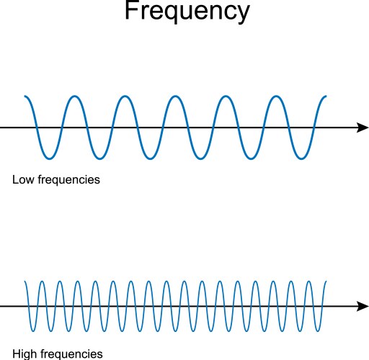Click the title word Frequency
pos(186,13)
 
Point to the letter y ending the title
pos(242,14)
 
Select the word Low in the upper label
pos(22,179)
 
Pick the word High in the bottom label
pos(23,354)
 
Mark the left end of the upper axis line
pos(1,127)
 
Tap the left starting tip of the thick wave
pos(25,96)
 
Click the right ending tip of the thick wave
pos(326,96)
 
